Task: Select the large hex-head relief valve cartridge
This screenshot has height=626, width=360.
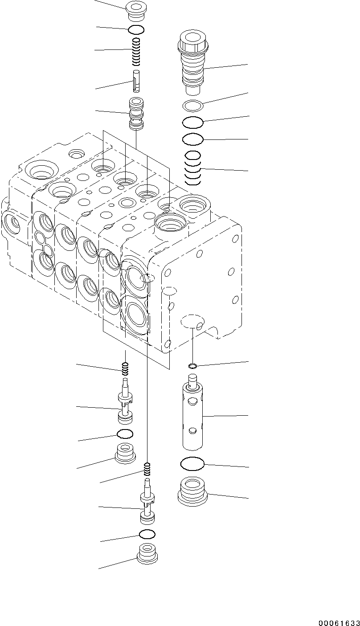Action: (193, 62)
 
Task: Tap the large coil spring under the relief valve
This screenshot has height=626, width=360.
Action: (192, 169)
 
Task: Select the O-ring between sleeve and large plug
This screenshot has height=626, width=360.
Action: (192, 464)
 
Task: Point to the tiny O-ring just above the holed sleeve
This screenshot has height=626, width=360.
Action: (192, 366)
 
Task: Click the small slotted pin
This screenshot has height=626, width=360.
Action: (137, 81)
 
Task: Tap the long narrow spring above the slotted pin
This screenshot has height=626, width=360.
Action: (137, 51)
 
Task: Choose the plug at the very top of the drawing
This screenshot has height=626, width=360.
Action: (136, 11)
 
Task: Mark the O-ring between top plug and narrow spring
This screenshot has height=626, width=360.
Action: (136, 30)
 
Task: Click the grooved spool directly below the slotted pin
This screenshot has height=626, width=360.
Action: (136, 114)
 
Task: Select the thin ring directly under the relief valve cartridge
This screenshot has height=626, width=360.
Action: (193, 106)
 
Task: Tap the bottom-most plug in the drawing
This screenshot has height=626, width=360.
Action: (147, 554)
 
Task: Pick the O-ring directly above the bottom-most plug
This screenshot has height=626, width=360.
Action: (147, 534)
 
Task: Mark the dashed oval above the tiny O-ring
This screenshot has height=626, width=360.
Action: (192, 320)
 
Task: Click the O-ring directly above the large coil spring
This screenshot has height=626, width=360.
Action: (193, 139)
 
